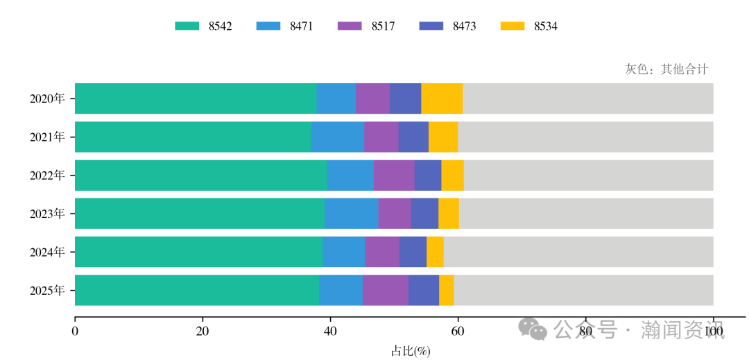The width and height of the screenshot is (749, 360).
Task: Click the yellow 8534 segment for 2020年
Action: (442, 98)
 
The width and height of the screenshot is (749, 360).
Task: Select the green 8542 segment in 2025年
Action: (197, 290)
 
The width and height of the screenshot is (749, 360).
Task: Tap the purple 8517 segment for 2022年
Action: (394, 175)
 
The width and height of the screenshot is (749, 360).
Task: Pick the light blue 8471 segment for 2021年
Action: (338, 137)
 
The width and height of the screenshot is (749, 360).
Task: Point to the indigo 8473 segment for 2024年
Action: (413, 252)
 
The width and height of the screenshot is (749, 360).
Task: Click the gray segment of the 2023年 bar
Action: (586, 213)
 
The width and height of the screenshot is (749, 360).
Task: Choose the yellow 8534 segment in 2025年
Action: (447, 290)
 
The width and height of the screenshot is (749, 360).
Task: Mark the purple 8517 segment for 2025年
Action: (386, 290)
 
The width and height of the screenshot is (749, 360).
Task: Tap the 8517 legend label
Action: (383, 26)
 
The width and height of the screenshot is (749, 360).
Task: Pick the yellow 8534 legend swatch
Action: (512, 26)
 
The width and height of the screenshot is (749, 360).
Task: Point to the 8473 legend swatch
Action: (431, 26)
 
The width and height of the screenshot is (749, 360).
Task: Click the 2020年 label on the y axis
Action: (47, 98)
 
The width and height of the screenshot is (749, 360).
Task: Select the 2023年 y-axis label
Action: (47, 214)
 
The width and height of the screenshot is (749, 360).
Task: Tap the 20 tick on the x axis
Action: (203, 332)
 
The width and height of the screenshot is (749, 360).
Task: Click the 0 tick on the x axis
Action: (75, 332)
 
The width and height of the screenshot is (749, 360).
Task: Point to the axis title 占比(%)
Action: (411, 351)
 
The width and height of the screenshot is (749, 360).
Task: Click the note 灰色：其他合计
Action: (666, 69)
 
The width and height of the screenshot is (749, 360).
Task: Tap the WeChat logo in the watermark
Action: (535, 329)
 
